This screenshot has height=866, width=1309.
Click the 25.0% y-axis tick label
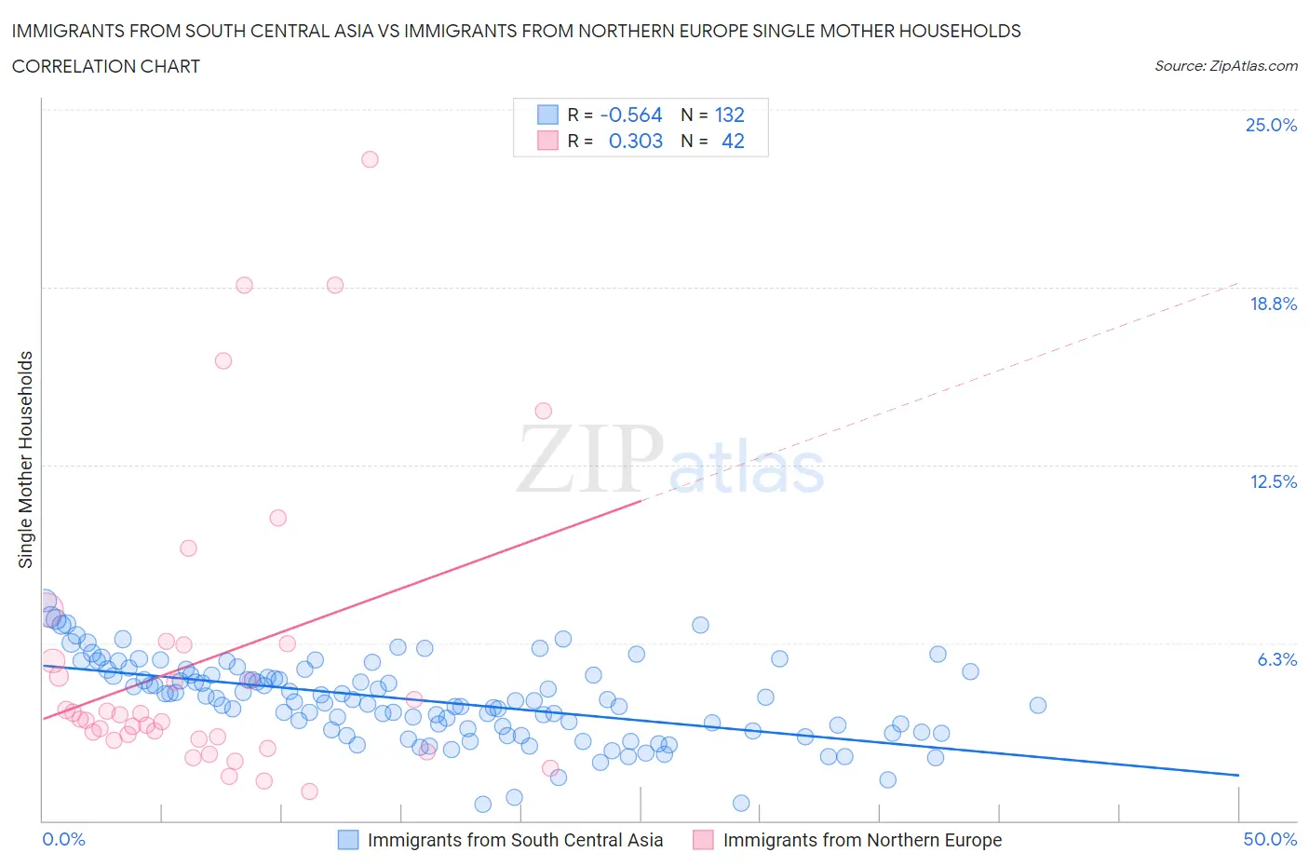(x=1271, y=125)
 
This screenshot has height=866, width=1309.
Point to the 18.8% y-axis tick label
(x=1273, y=304)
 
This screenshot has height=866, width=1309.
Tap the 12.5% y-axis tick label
(x=1273, y=481)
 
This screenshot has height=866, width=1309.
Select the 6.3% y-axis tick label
(x=1276, y=659)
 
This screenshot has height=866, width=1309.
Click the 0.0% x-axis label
(x=63, y=839)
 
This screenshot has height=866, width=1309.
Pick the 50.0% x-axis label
(x=1270, y=839)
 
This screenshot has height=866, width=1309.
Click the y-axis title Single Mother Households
(x=26, y=459)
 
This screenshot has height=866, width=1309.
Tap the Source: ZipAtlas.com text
(x=1225, y=65)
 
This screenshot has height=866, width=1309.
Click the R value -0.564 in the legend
(x=631, y=115)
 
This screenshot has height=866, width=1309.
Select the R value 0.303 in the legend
(x=635, y=141)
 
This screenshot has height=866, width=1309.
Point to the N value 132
(x=729, y=115)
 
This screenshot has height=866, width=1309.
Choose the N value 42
(x=733, y=141)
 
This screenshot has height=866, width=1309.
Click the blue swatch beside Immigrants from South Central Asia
(x=347, y=840)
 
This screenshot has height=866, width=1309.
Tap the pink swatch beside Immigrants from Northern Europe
(x=703, y=840)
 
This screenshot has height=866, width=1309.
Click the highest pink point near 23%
(x=370, y=159)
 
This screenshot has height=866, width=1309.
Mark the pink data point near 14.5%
(x=543, y=411)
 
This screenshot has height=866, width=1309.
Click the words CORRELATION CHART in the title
(x=106, y=66)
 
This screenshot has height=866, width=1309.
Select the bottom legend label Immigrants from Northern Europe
(x=862, y=840)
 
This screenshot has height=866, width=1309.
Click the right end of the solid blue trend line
(x=1238, y=775)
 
